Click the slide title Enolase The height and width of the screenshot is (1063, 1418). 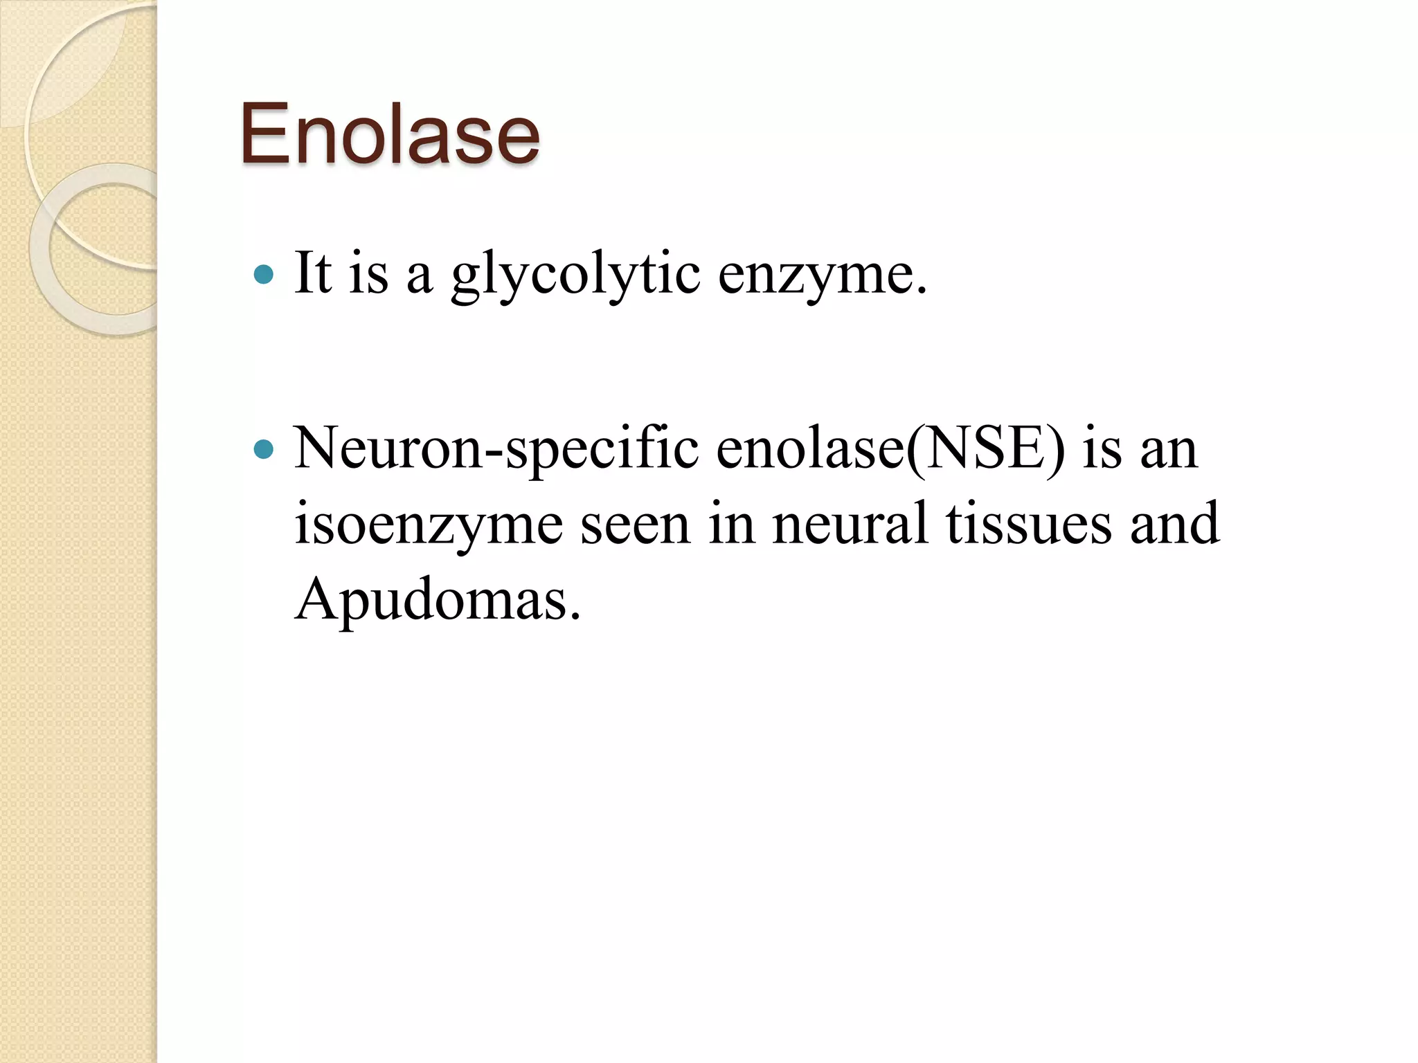pyautogui.click(x=389, y=133)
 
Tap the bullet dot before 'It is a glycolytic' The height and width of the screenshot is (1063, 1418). pyautogui.click(x=264, y=275)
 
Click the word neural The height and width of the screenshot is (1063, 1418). pyautogui.click(x=850, y=524)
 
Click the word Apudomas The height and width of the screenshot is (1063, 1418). pyautogui.click(x=438, y=599)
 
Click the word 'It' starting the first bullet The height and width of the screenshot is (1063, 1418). pyautogui.click(x=313, y=273)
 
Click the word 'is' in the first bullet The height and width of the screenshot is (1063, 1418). pyautogui.click(x=368, y=274)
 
